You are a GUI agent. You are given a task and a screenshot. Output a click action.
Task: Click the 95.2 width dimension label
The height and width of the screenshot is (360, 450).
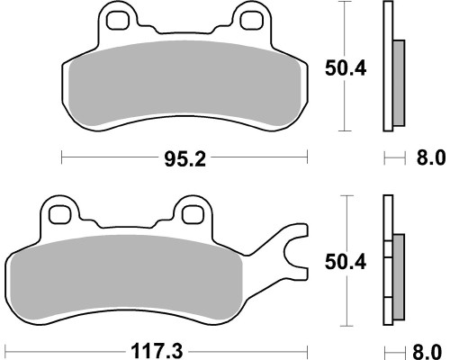[x=185, y=159]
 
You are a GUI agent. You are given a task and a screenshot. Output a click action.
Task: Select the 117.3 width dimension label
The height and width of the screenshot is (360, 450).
[x=157, y=351]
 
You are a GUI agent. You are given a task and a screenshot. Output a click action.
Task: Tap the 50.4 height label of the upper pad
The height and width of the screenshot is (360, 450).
[x=346, y=68]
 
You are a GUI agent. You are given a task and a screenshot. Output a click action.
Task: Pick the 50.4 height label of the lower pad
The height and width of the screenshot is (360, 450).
[x=346, y=262]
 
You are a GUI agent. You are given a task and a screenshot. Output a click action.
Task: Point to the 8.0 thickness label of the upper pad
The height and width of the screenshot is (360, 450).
[x=431, y=157]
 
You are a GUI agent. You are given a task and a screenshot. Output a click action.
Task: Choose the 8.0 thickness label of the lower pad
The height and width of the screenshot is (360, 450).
[x=427, y=352]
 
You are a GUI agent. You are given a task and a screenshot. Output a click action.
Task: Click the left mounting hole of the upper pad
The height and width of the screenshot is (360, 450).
[x=117, y=20]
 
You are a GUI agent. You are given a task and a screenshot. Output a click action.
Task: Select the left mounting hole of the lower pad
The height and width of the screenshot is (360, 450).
[x=59, y=215]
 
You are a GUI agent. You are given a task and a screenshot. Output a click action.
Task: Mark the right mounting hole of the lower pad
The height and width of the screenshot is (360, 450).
[x=193, y=215]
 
